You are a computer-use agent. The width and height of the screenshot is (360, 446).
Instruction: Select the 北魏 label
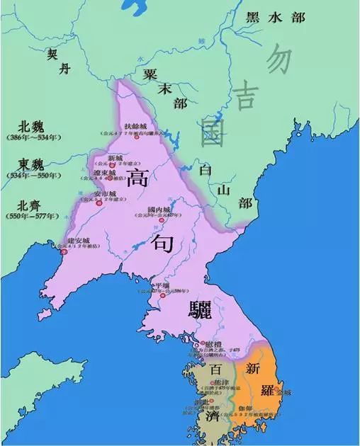pos(25,122)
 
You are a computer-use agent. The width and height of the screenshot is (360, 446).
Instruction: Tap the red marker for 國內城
pos(162,220)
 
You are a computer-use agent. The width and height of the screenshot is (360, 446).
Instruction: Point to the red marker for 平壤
pos(162,295)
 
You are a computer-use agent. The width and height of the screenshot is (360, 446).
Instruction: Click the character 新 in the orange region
pos(254,368)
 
